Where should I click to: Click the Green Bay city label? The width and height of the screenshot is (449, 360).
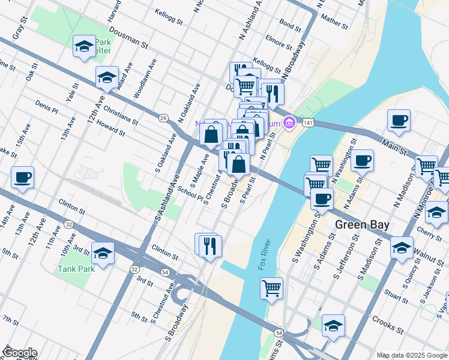pos(362,225)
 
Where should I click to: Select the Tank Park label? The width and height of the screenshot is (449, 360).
pos(76,268)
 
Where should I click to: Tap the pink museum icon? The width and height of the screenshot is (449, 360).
pos(289,122)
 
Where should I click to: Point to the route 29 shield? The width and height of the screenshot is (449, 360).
pos(163,118)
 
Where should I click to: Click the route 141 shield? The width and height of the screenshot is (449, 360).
pos(308,122)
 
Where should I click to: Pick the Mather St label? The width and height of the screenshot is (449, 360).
pos(334,22)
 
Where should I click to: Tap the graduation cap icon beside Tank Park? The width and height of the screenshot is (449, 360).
pos(103,252)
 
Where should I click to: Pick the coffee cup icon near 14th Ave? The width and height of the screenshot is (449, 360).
pos(22,177)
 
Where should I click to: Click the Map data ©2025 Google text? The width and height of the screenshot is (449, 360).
pos(411,355)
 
